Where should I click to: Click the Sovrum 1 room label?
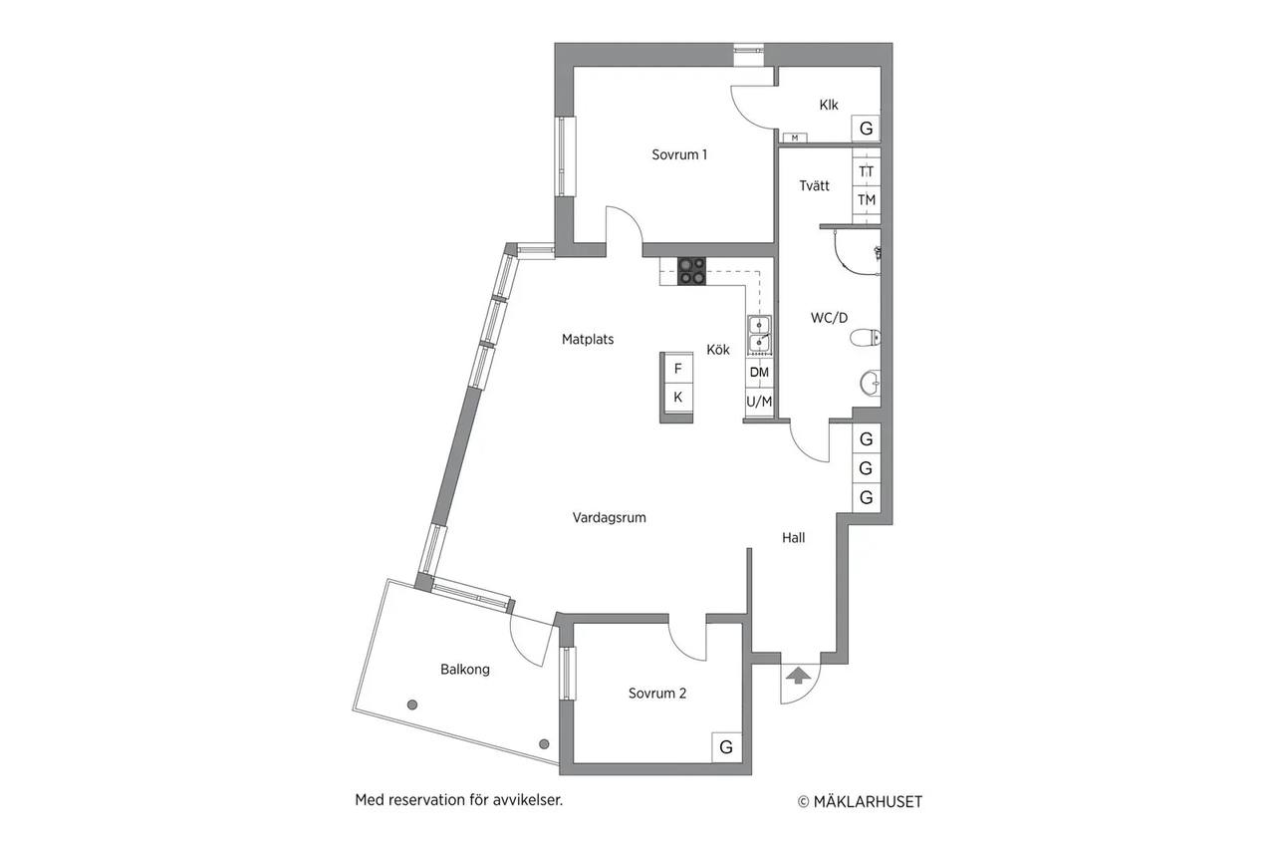point(679,154)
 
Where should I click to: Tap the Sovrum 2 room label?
point(656,693)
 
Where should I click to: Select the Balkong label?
point(465,670)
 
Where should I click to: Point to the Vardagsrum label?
point(609,517)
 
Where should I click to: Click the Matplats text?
point(588,340)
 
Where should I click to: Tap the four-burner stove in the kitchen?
point(691,271)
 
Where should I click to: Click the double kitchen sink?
point(759,335)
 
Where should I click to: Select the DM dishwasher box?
point(759,373)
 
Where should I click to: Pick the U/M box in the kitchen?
point(759,402)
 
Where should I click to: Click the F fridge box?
point(678,369)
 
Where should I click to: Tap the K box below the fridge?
point(678,397)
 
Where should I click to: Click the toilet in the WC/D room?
point(866,338)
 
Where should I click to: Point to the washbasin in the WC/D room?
point(871,383)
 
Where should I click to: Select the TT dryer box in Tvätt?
point(867,171)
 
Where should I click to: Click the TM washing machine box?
point(867,200)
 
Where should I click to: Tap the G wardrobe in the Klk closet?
point(866,129)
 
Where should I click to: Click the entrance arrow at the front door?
point(798,676)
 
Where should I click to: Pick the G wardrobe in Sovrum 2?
point(726,747)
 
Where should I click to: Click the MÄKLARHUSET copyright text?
point(860,801)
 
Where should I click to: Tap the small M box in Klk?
point(795,138)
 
